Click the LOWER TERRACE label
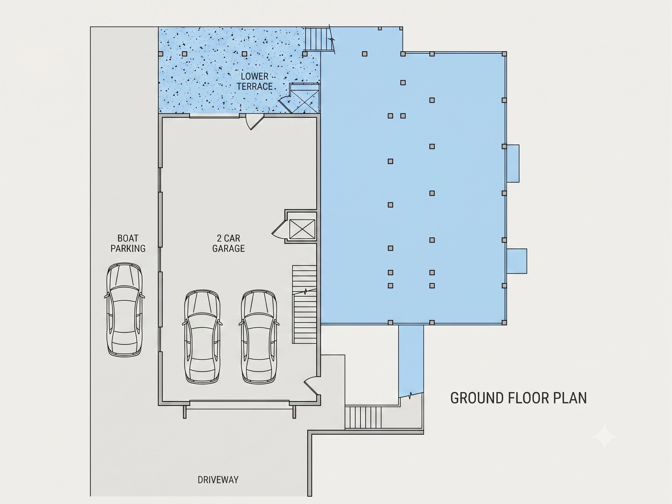254,81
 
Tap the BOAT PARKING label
128,243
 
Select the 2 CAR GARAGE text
229,243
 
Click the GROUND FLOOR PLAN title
518,398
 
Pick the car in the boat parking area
125,310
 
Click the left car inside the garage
202,337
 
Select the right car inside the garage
259,337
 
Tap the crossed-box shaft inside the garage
302,229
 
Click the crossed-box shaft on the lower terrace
305,98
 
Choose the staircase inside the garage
305,304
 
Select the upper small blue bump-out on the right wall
513,163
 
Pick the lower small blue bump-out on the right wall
517,261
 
